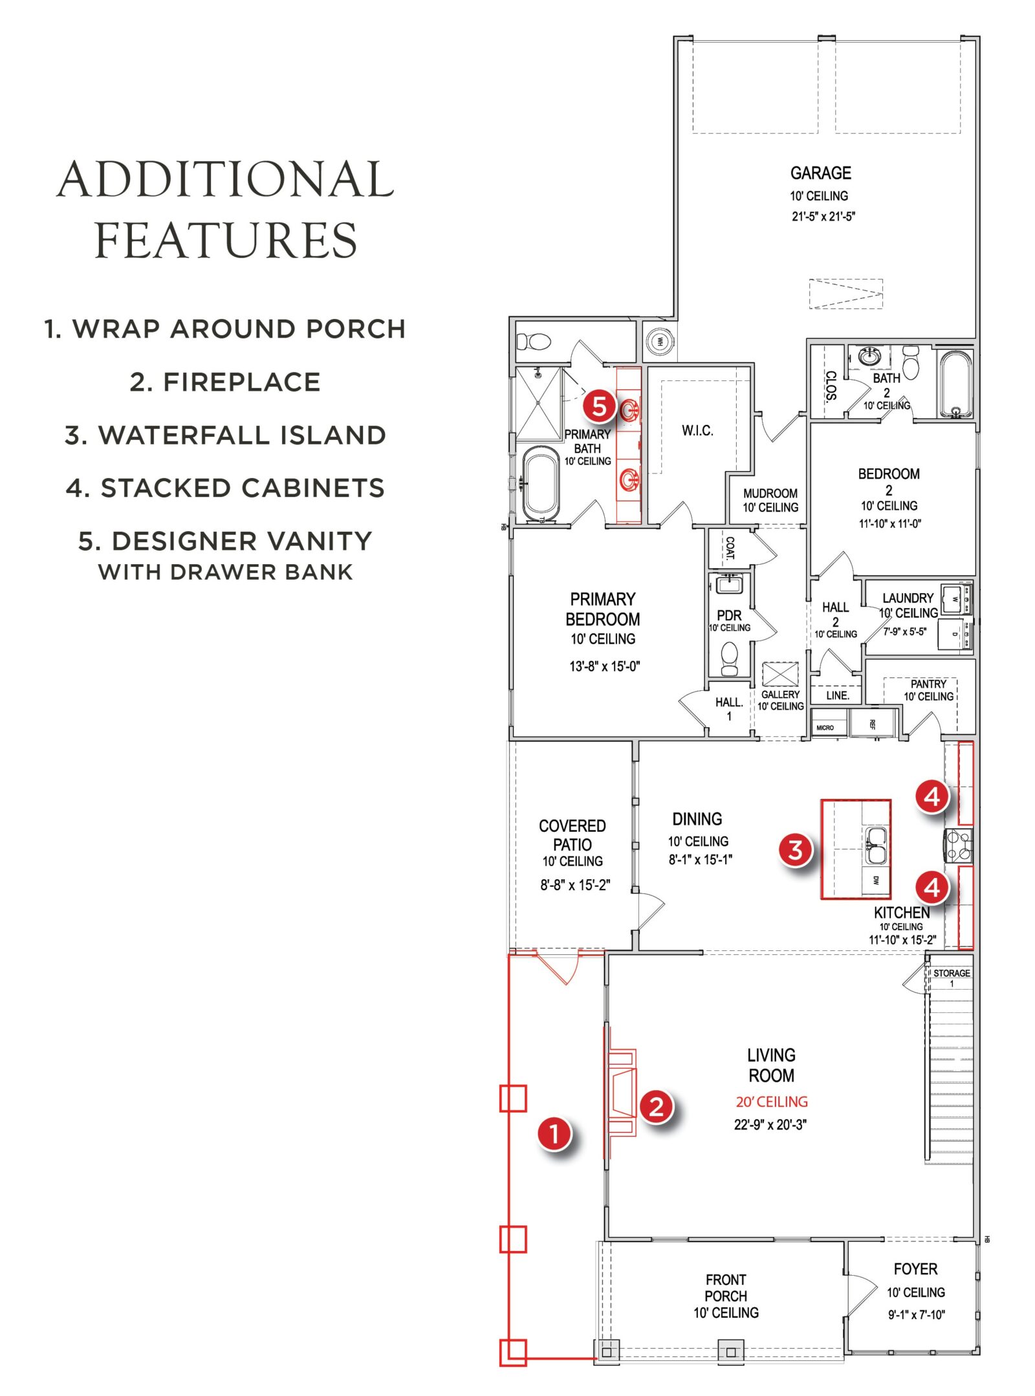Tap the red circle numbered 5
click(x=599, y=406)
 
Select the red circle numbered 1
click(x=554, y=1133)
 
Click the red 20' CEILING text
click(x=771, y=1102)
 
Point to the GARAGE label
click(x=820, y=173)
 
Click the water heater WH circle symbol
click(x=659, y=341)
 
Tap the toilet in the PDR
click(x=729, y=659)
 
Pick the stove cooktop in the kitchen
click(x=958, y=845)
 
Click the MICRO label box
click(x=825, y=728)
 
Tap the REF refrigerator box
click(x=872, y=724)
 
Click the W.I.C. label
click(x=697, y=430)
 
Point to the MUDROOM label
click(x=770, y=493)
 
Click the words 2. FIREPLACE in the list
click(x=225, y=382)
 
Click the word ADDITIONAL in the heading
click(x=225, y=180)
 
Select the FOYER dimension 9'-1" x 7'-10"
click(x=915, y=1314)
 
